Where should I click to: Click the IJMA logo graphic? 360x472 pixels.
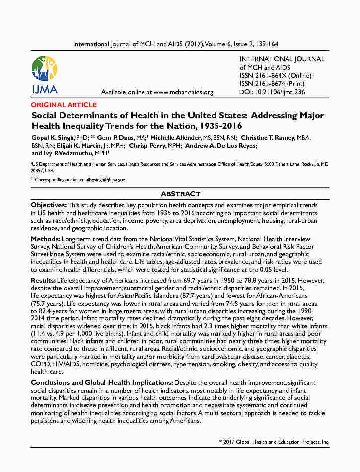tap(44, 75)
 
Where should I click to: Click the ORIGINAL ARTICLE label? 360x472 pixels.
tap(64, 105)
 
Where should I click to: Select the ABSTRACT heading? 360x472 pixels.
tap(180, 194)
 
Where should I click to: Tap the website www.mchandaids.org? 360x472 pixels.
tap(183, 92)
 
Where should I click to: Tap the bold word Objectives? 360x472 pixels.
tap(49, 205)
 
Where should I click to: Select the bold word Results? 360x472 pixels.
tap(43, 281)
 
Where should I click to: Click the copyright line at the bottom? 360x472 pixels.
tap(274, 442)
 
